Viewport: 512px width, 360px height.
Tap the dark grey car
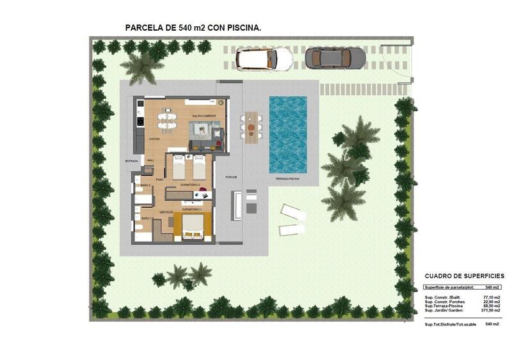coord(335,58)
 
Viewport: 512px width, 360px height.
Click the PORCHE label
coord(231,176)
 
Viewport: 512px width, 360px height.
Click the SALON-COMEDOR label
coord(204,116)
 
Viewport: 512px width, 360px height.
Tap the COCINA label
coord(155,139)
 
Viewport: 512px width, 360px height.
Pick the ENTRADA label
coord(131,161)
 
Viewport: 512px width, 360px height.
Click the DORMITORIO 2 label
coord(191,185)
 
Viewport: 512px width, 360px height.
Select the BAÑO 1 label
coord(146,219)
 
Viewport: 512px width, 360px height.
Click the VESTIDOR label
coord(166,211)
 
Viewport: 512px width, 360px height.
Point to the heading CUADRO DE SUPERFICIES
coord(464,276)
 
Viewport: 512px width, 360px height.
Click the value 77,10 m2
coord(492,298)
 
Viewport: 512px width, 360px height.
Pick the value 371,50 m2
coord(490,310)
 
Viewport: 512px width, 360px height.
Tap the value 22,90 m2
coord(492,302)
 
